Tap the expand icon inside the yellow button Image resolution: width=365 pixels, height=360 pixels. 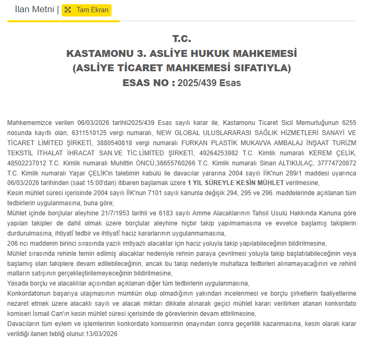coord(68,10)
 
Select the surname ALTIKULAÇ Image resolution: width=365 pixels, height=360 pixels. coord(274,163)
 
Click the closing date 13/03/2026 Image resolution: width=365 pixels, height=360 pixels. coord(101,334)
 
